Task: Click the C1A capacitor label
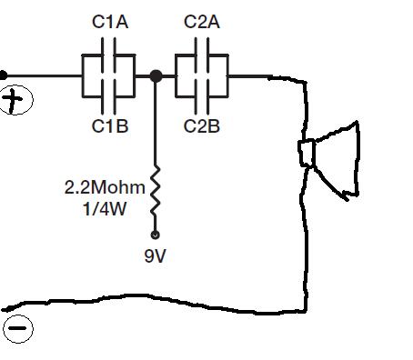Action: pos(110,22)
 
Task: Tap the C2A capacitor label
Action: pos(202,22)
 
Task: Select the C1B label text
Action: pos(110,126)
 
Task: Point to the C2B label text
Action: pos(202,126)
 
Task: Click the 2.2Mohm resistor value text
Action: pos(105,187)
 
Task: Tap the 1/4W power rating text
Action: pos(105,209)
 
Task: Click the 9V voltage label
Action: pos(155,256)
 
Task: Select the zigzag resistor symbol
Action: pos(156,192)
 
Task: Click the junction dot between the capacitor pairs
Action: pos(156,75)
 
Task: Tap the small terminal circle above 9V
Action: pos(155,235)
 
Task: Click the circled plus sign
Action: pos(15,100)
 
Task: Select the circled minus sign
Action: pos(18,328)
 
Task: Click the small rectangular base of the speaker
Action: pos(307,153)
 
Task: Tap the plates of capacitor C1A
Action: pos(108,55)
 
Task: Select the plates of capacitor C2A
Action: pos(202,55)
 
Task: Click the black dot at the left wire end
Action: pos(3,75)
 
